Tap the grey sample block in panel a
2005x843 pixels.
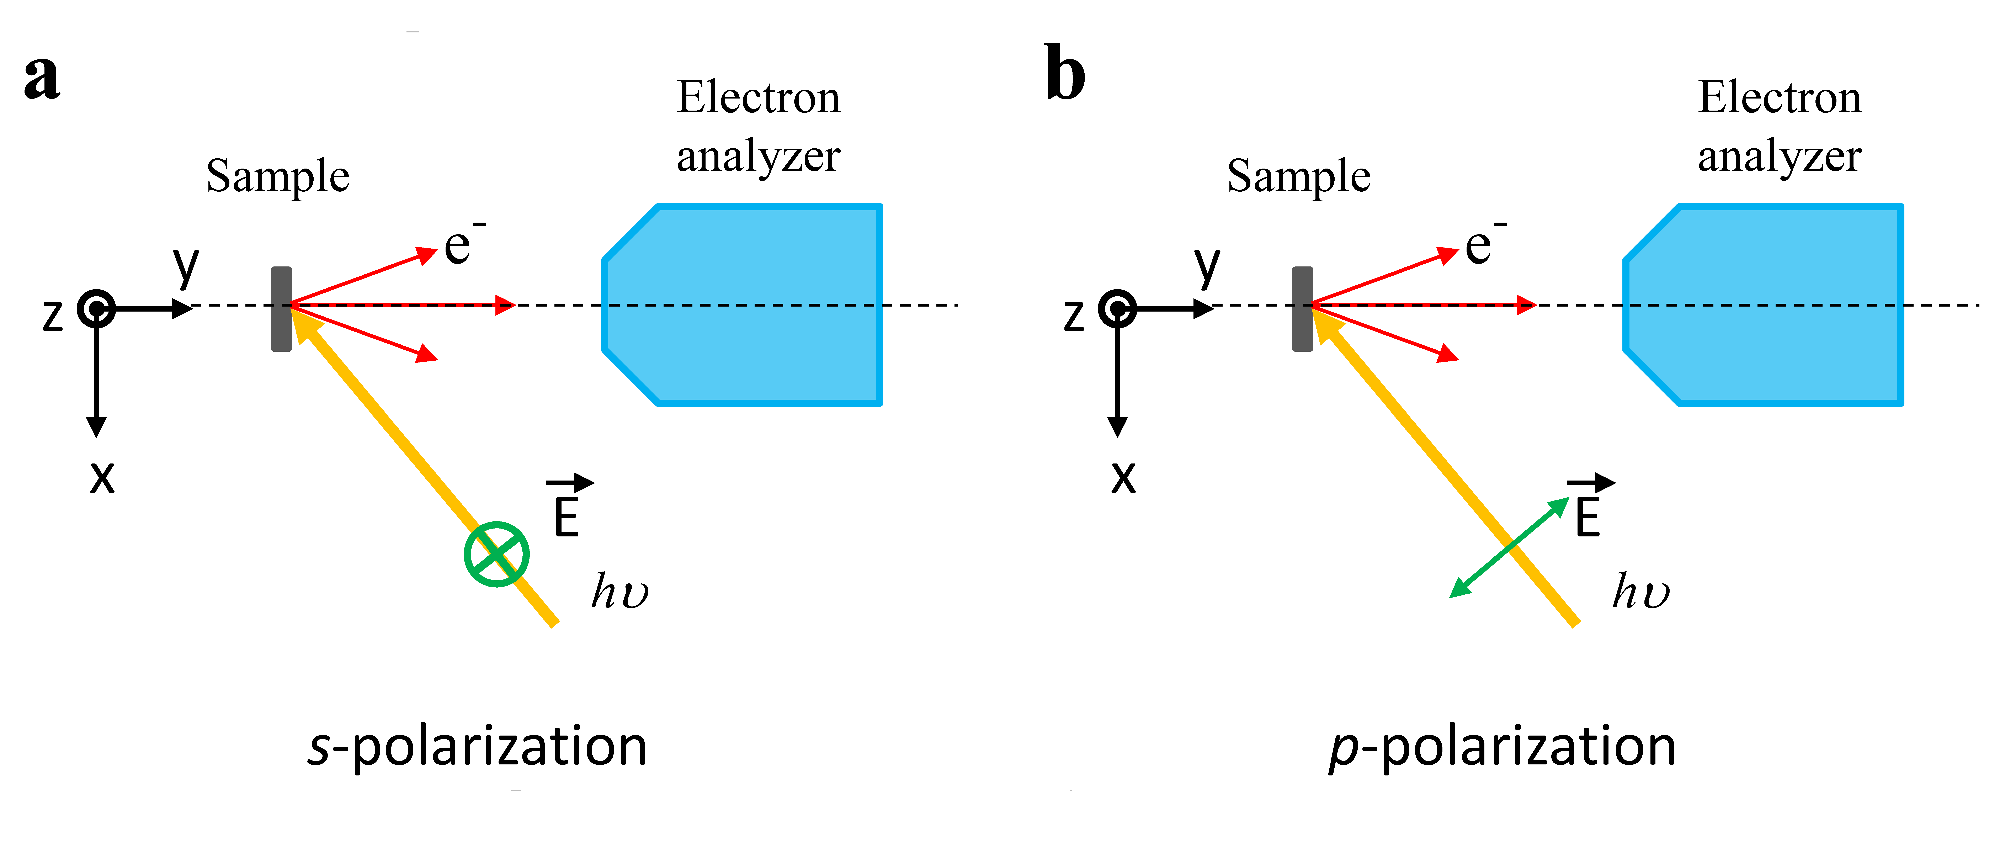click(281, 309)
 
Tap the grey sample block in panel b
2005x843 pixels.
click(1302, 309)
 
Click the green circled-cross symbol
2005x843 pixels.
click(497, 554)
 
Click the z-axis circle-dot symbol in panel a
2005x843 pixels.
click(96, 309)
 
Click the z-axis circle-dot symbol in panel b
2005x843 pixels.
click(1118, 309)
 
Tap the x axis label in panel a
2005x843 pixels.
click(102, 476)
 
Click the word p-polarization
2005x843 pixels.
click(1502, 746)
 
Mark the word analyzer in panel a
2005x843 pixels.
click(758, 157)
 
